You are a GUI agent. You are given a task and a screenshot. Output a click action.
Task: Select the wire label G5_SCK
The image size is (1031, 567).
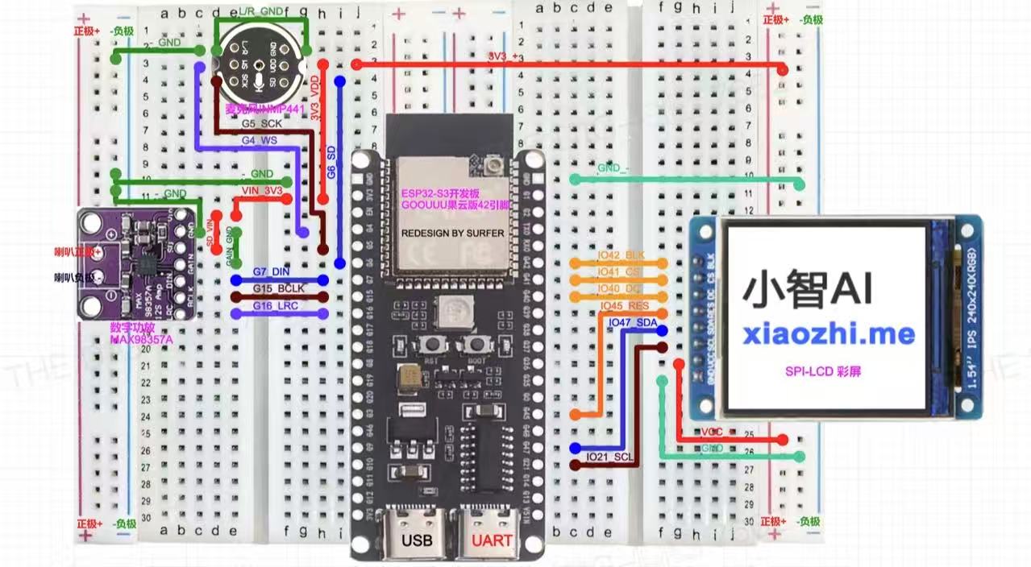tap(261, 125)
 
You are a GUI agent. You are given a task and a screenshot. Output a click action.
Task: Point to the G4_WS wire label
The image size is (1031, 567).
tap(260, 139)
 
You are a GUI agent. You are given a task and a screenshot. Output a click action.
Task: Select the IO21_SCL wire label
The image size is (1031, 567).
tap(609, 457)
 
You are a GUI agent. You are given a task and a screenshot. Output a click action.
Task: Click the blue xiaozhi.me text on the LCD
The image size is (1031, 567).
tap(829, 333)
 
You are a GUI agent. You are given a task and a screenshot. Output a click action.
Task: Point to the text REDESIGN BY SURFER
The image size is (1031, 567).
tap(453, 233)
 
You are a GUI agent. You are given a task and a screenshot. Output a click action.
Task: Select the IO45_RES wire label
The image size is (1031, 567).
tap(625, 306)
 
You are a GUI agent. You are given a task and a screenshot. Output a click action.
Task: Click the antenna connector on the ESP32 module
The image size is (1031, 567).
tap(490, 167)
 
